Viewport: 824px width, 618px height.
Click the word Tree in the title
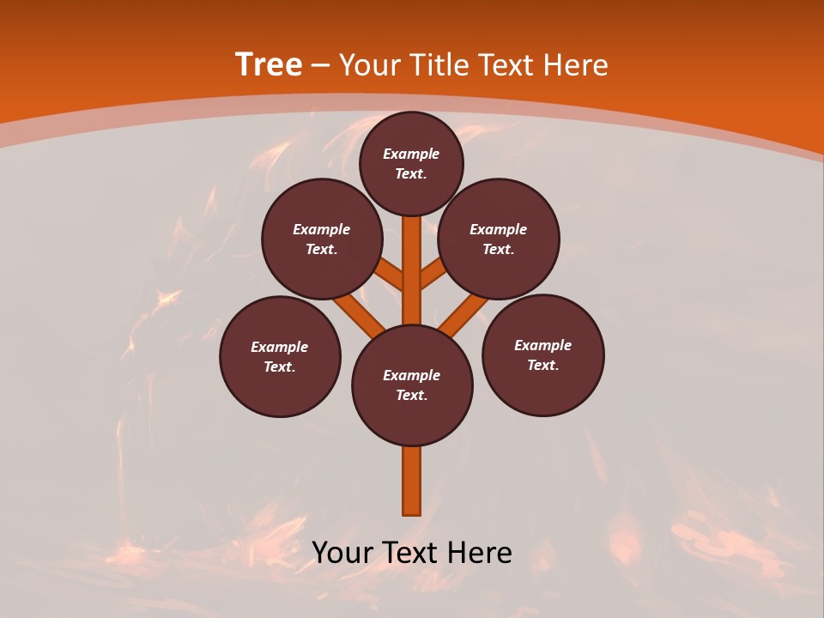click(x=269, y=65)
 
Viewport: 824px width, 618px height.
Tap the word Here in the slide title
click(x=576, y=65)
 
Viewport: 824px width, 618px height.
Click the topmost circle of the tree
click(x=411, y=163)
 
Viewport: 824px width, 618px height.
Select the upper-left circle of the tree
click(x=321, y=239)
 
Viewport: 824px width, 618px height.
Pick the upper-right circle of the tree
click(x=499, y=239)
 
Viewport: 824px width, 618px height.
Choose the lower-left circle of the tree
click(x=280, y=356)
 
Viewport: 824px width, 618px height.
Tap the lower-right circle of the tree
click(x=543, y=354)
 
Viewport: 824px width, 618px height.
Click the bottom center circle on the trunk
click(x=412, y=385)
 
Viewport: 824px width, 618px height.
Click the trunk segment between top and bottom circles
click(x=411, y=270)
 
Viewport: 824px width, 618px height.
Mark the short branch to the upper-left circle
click(x=391, y=275)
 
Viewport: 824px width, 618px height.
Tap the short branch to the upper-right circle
click(x=433, y=274)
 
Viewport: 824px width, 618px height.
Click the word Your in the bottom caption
click(x=342, y=553)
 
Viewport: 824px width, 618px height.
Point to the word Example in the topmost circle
click(x=411, y=154)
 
